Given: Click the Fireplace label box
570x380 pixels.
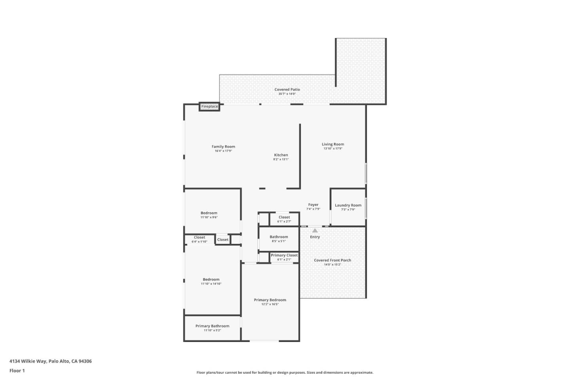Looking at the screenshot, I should click(209, 106).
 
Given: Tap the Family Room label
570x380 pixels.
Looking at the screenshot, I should click(223, 147).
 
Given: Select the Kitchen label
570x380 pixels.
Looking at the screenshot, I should click(281, 155).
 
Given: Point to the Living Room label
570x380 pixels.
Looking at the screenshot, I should click(333, 144).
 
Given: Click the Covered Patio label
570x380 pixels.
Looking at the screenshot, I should click(287, 90).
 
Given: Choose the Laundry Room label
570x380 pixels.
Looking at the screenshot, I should click(348, 205).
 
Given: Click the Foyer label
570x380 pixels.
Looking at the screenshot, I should click(313, 205).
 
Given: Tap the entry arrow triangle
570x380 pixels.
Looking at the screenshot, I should click(315, 230).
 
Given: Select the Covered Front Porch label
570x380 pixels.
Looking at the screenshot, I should click(332, 260).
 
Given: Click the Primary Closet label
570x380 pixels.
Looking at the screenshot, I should click(284, 255).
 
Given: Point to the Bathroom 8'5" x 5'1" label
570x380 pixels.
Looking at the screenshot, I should click(279, 237).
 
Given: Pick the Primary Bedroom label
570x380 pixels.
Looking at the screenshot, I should click(270, 300).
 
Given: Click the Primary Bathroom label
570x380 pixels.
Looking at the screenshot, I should click(212, 326).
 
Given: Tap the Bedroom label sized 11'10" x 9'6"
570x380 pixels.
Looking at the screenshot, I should click(209, 213).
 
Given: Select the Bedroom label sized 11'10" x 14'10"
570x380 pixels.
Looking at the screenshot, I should click(211, 279).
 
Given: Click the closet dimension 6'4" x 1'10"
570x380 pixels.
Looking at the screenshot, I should click(199, 242).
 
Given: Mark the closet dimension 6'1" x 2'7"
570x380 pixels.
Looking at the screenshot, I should click(284, 222).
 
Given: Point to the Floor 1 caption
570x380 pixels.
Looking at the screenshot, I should click(17, 371).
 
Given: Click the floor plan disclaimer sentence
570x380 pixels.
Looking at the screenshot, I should click(285, 372).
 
